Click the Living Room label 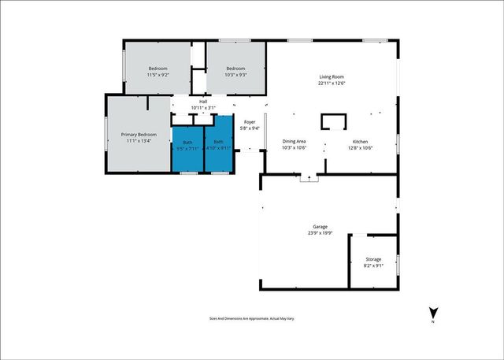(x=332, y=76)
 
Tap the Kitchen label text (x=361, y=142)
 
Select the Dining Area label (x=295, y=142)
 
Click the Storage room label (x=373, y=259)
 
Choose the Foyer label (x=250, y=122)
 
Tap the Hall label (x=203, y=102)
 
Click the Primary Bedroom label (x=139, y=135)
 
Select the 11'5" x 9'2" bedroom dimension (x=158, y=76)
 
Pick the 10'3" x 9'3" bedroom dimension (x=235, y=76)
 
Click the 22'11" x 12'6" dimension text (x=332, y=83)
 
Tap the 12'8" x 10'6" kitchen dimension (x=361, y=148)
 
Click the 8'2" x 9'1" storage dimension (x=373, y=265)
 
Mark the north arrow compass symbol (x=432, y=313)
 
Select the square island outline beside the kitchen (x=333, y=121)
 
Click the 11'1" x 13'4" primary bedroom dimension (x=139, y=141)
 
